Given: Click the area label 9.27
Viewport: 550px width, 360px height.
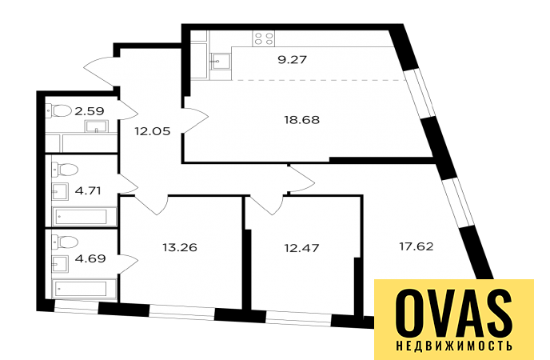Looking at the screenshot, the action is point(293,60).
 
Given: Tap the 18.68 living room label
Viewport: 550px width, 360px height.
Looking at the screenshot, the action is point(301,120).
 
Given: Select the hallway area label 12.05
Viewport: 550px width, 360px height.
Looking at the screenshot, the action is point(152,131).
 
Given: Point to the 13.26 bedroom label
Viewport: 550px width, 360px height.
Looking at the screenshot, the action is point(180,248).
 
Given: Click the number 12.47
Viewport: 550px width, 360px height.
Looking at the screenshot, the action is point(301,249).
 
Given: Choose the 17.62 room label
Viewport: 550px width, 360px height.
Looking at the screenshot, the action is point(416,246).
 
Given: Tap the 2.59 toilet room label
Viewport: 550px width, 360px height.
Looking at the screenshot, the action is point(90,111).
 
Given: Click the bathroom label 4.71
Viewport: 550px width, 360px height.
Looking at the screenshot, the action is point(88,191).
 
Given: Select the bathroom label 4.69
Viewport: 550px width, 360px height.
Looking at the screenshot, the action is point(90,258).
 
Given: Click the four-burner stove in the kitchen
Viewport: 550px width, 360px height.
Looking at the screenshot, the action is point(264,38).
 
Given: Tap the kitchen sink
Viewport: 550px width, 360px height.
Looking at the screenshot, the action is point(221,62).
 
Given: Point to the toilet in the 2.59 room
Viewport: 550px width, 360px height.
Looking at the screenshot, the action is point(58,111).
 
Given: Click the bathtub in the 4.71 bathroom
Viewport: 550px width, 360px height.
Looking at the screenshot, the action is point(84,217).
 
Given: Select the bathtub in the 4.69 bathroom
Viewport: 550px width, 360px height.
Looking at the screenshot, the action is point(84,289).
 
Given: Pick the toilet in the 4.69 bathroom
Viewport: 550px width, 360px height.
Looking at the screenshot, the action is point(65,242).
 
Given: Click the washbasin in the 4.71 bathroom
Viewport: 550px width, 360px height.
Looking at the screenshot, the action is point(60,191).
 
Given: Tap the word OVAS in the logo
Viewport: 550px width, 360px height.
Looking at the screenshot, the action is point(454,312).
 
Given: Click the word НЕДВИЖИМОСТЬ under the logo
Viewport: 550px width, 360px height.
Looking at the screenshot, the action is point(454,346).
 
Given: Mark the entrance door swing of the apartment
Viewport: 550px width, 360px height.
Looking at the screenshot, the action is point(100,73).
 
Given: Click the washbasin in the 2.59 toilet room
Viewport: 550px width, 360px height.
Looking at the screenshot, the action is point(97,126).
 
